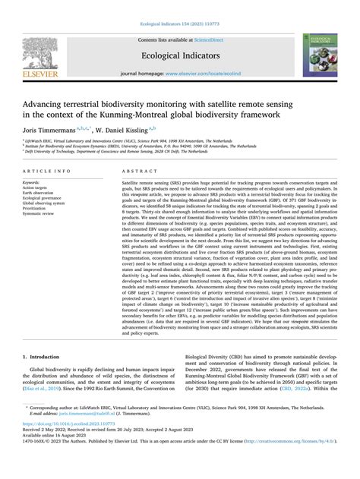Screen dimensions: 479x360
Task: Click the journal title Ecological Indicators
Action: point(179,55)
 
